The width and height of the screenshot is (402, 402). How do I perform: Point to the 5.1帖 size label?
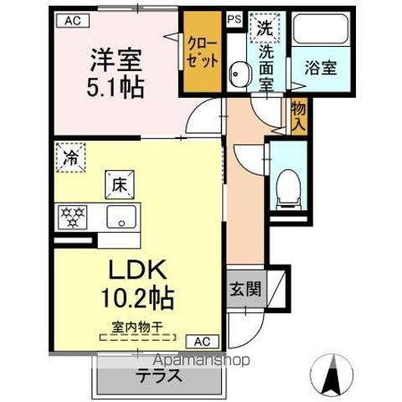click(x=116, y=86)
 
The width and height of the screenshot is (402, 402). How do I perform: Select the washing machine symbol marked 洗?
click(x=265, y=26)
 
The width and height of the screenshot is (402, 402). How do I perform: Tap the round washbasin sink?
click(x=240, y=75)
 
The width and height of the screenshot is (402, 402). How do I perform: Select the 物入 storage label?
click(x=298, y=115)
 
